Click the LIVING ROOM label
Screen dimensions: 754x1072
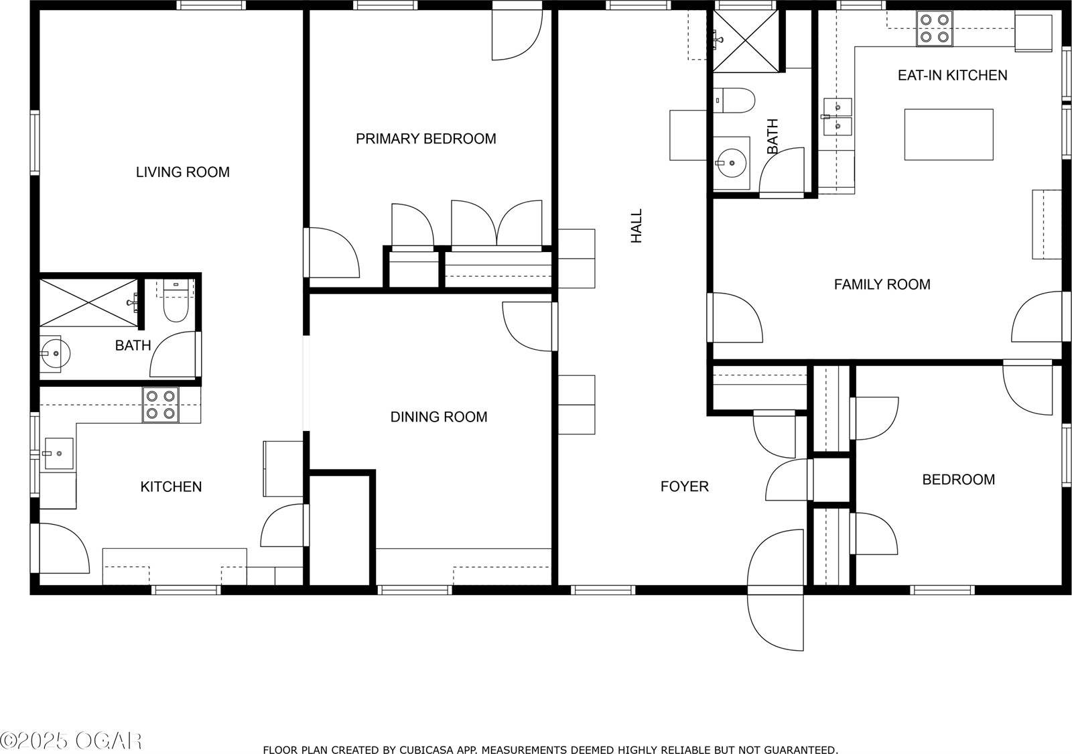[182, 172]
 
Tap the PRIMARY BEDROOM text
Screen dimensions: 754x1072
[425, 139]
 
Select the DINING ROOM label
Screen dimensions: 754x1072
[438, 417]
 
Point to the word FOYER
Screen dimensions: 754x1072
[684, 487]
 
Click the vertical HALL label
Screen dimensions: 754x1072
[636, 225]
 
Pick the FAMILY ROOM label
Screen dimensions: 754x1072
[882, 284]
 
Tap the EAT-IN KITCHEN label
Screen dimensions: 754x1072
[952, 75]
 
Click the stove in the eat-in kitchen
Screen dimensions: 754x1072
[935, 29]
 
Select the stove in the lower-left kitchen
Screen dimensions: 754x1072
[161, 405]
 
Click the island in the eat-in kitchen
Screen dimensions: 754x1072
[948, 135]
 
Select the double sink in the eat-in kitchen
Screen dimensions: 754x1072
[837, 116]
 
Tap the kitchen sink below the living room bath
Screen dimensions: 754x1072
[58, 454]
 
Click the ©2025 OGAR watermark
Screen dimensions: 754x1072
[71, 740]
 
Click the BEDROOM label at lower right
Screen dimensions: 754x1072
[958, 479]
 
